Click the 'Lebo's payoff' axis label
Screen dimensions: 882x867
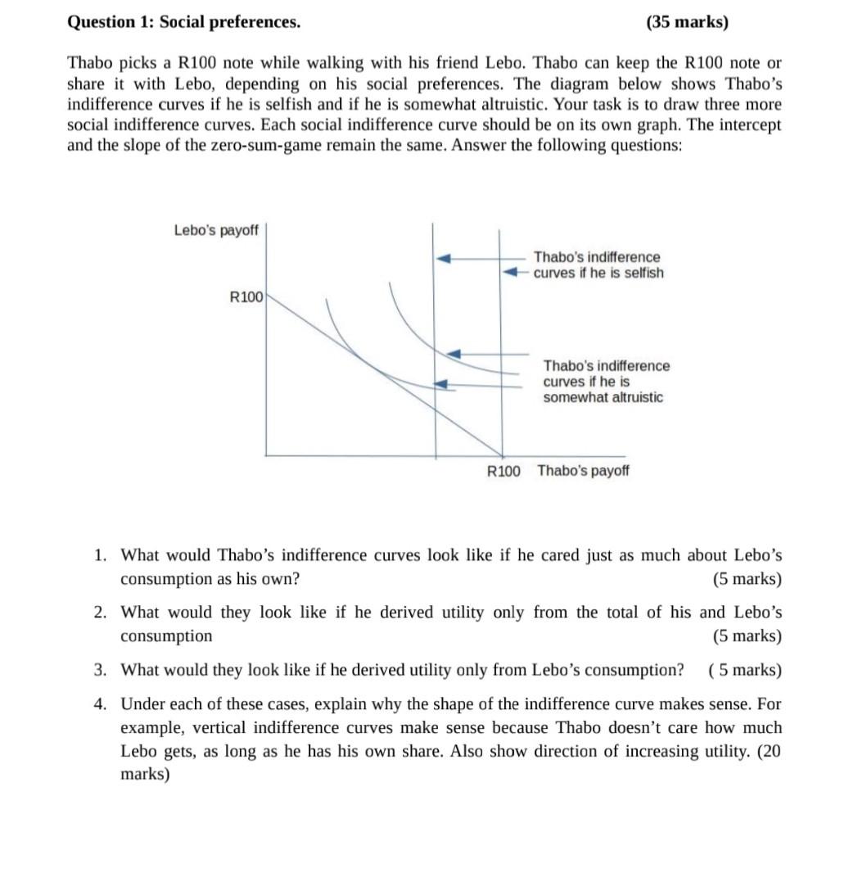pos(215,230)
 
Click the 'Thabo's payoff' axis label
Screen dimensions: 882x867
pos(583,471)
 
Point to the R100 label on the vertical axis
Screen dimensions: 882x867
pos(246,297)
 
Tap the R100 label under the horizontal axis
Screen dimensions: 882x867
pos(503,471)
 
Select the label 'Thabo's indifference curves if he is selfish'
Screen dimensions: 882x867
pos(598,265)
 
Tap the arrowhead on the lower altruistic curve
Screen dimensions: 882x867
pos(442,383)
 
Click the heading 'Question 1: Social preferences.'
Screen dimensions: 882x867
pos(183,22)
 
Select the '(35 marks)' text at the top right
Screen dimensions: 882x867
pos(687,22)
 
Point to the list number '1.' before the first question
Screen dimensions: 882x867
pos(99,555)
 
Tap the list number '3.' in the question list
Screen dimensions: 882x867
pos(99,670)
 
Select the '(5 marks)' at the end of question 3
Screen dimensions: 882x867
pos(744,670)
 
